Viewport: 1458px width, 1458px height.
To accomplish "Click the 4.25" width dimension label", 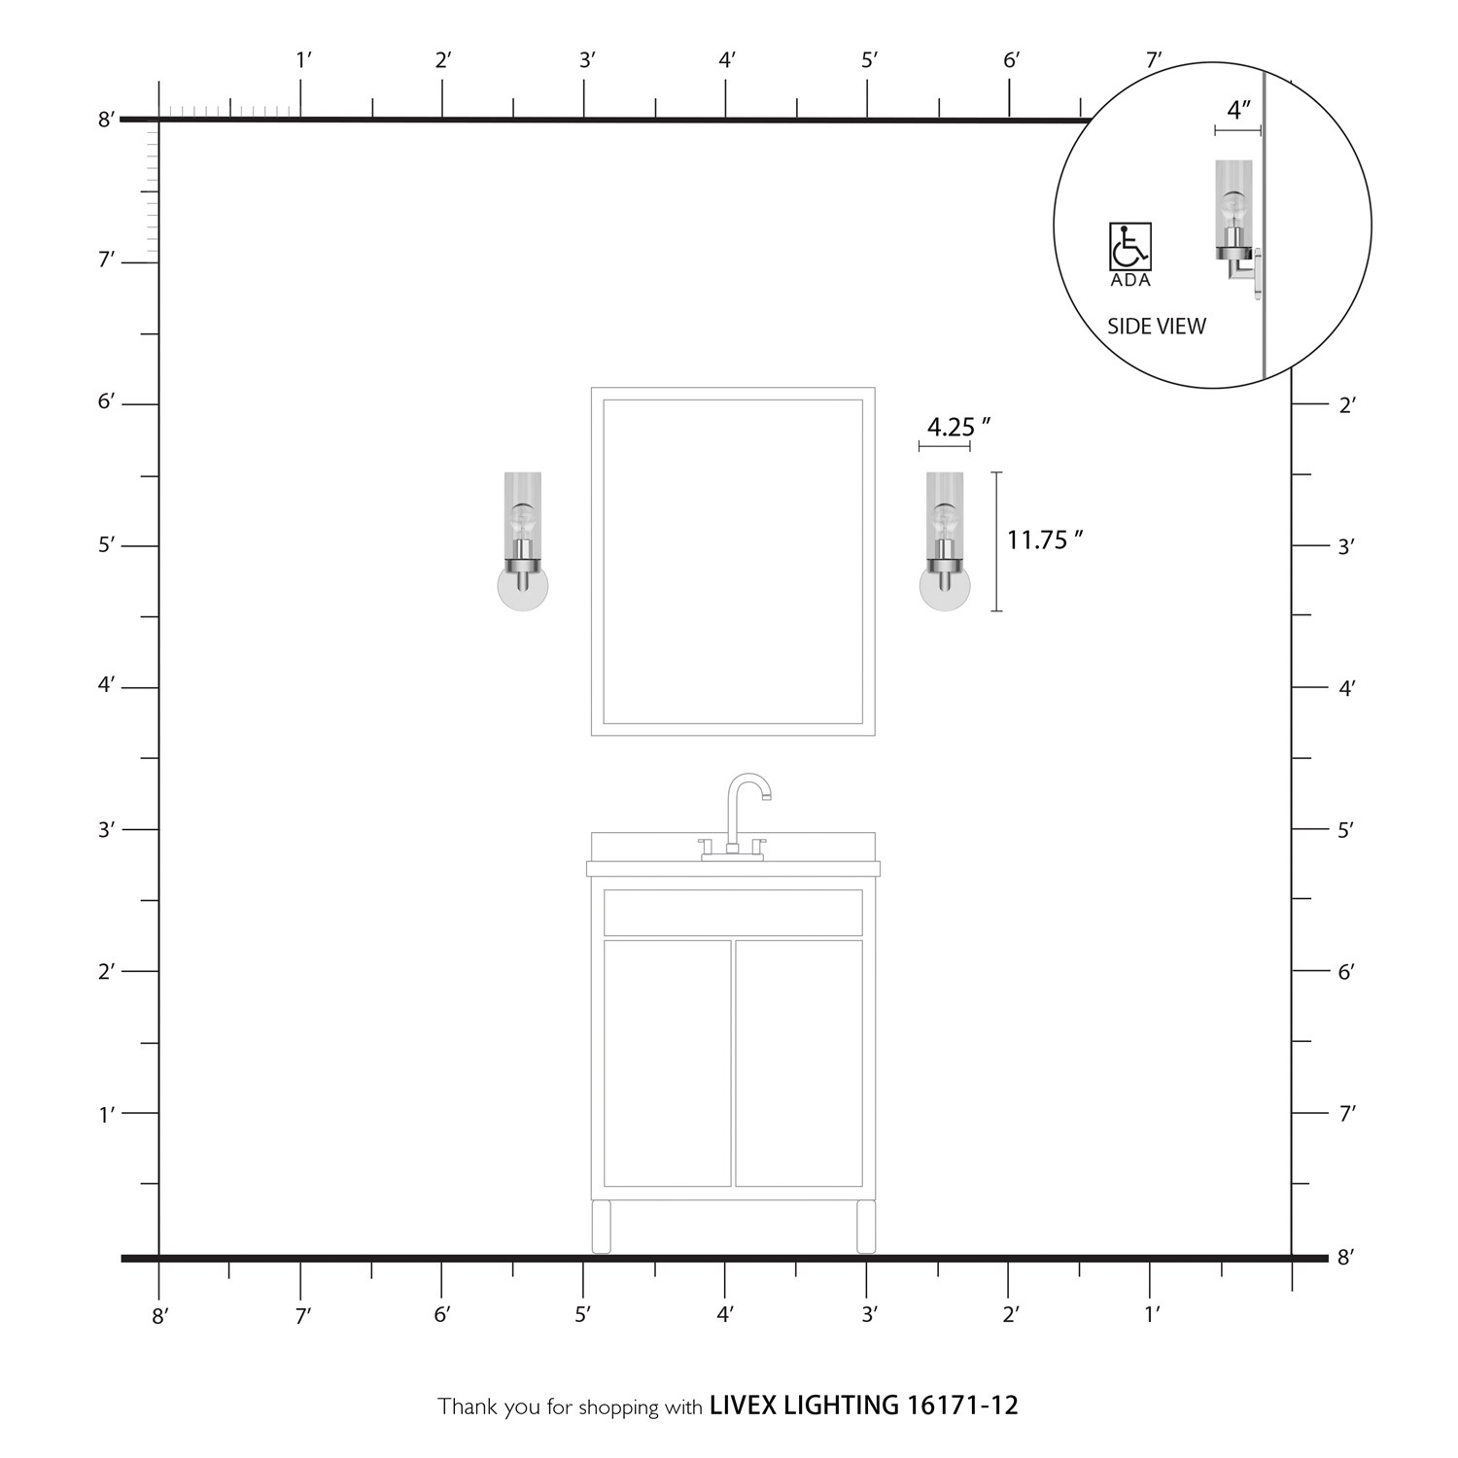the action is click(958, 427).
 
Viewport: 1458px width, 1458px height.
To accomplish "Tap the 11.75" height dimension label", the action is click(1044, 539).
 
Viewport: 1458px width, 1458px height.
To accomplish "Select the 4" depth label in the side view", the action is click(1237, 110).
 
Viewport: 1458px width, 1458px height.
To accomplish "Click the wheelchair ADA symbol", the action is click(1130, 247).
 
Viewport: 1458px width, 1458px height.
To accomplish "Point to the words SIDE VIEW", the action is click(1157, 327).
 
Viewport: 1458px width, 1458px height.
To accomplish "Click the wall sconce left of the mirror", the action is click(523, 541).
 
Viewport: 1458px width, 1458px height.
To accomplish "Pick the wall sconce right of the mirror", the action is click(945, 541).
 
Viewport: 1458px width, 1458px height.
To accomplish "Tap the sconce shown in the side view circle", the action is click(1237, 227).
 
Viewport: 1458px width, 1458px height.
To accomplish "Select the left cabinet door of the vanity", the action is click(668, 1063).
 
